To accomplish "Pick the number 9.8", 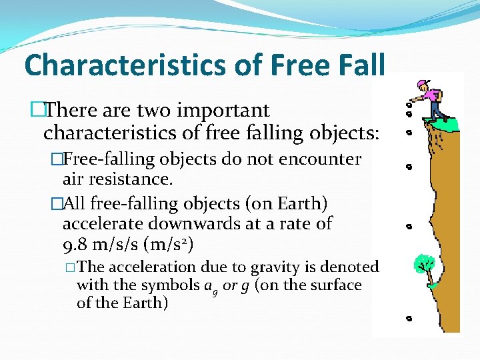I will coord(75,245).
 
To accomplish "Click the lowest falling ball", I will coord(408,319).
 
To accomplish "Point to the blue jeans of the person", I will coord(436,109).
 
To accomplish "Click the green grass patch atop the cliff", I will coord(443,123).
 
